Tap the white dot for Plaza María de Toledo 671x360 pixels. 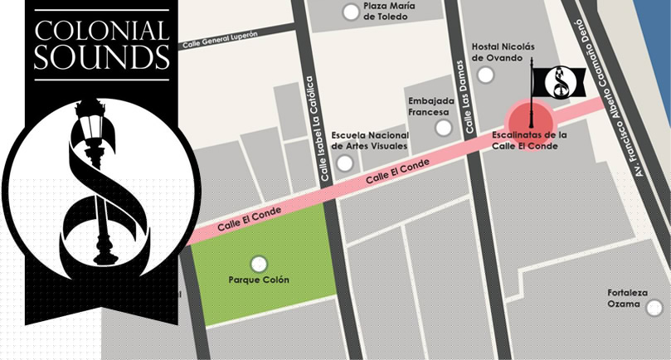coord(352,12)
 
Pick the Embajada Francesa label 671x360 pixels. coord(428,107)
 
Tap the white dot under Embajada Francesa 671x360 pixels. coord(445,128)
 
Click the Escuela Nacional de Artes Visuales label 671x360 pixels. coord(369,140)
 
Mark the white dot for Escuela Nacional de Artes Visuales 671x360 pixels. coord(343,163)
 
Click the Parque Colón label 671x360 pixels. coord(259,280)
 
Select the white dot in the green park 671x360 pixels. coord(259,265)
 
